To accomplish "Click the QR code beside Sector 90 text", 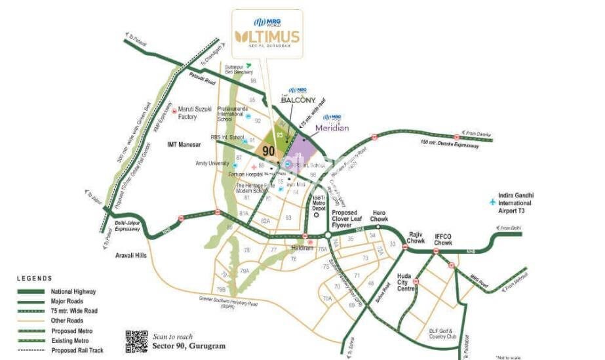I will point(136,342).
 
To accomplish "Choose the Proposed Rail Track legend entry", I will point(77,350).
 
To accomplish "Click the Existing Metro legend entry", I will point(71,340).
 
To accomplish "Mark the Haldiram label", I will point(304,249).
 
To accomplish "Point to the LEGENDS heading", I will point(33,278).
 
